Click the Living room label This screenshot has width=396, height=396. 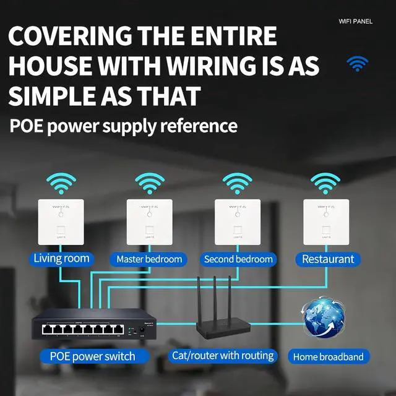(62, 259)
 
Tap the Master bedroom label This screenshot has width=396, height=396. (149, 259)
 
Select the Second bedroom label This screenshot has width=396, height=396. (238, 259)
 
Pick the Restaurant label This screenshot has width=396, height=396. (328, 259)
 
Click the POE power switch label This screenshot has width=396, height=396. (92, 356)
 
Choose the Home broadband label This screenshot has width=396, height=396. (328, 356)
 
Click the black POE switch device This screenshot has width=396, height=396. (92, 325)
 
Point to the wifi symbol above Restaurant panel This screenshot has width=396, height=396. (325, 183)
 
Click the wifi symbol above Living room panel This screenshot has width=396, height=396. (60, 183)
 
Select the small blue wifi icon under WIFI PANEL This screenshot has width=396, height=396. (357, 63)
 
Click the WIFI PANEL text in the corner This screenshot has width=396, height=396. (356, 21)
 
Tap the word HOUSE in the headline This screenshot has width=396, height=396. (50, 66)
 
